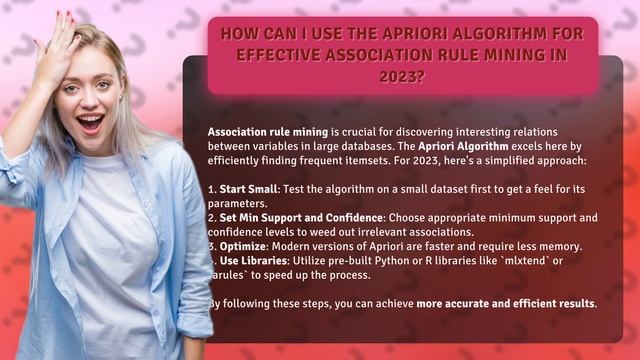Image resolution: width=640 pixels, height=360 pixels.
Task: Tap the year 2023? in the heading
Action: coord(409,75)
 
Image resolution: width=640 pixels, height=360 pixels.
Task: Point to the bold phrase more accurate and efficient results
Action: coord(506,303)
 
